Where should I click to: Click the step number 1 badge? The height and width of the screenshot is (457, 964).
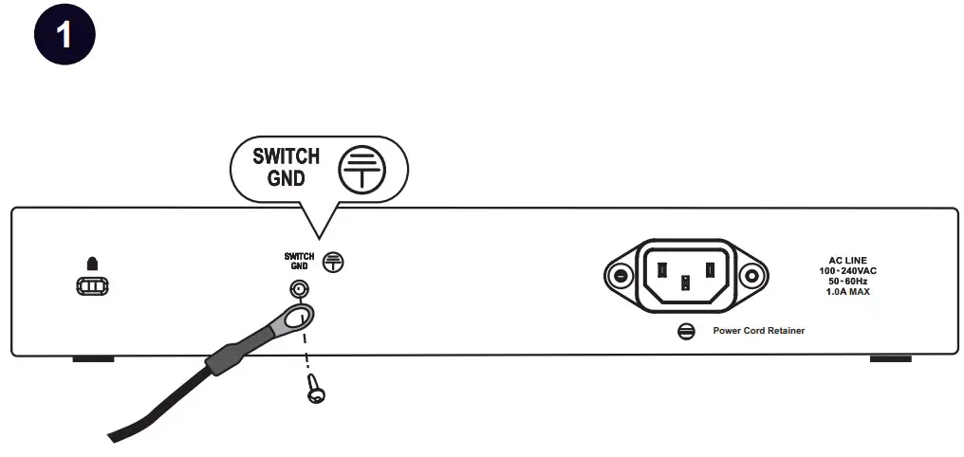click(65, 35)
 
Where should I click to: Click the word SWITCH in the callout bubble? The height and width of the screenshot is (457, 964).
click(286, 155)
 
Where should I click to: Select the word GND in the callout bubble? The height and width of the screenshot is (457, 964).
click(286, 177)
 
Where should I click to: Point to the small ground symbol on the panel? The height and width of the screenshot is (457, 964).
click(332, 262)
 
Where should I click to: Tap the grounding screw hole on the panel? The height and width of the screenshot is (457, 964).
click(299, 289)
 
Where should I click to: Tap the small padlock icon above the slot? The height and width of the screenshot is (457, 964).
click(92, 262)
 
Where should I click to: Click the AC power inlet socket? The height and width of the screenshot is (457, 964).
click(685, 276)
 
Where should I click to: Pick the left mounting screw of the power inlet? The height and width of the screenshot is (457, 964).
click(621, 277)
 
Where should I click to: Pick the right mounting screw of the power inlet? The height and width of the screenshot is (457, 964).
click(751, 277)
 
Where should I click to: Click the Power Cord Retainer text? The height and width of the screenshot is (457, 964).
click(751, 331)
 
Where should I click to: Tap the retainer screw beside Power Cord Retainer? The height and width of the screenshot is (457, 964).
click(686, 331)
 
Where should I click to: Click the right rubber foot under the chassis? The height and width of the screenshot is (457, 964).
click(890, 359)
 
